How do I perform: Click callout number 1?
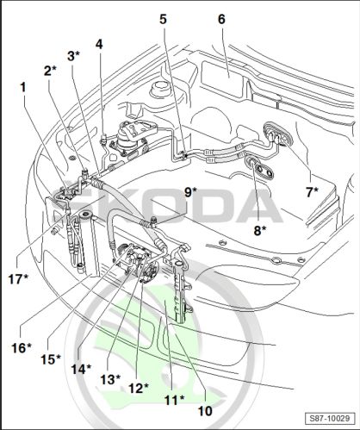pos(23,87)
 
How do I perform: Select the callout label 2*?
pos(50,71)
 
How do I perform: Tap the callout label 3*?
pos(73,56)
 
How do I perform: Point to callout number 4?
pos(99,44)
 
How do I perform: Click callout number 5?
pos(163,19)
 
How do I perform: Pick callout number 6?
pos(221,19)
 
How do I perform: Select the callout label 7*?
pos(312,192)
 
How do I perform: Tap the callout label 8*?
pos(260,230)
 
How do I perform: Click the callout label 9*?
pos(190,192)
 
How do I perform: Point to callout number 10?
pos(205,411)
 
